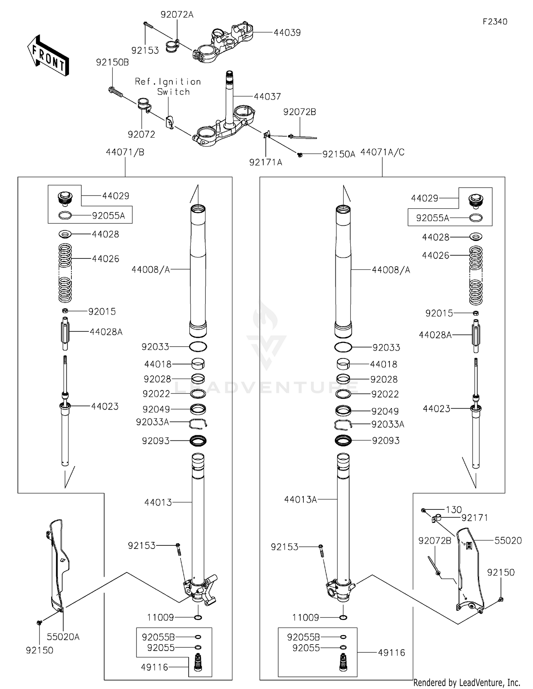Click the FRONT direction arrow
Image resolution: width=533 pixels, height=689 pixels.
point(48,56)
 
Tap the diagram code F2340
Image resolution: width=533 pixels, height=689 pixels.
point(495,22)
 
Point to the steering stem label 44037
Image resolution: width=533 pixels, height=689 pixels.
point(267,97)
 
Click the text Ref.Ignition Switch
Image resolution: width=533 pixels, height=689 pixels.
point(168,87)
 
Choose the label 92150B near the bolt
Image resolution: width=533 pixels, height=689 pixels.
point(112,62)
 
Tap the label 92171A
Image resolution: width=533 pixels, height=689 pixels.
point(265,162)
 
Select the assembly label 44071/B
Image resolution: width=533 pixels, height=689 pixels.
point(125,152)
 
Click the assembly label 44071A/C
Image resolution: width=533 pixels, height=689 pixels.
point(382,152)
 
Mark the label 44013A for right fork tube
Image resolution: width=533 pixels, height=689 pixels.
point(300,500)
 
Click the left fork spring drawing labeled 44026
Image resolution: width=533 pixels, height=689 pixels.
point(65,272)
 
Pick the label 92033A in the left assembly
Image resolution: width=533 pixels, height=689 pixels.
point(152,422)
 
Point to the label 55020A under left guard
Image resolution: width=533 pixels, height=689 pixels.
point(63,637)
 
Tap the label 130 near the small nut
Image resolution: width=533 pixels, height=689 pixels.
point(453,509)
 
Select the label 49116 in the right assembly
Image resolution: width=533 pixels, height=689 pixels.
point(392,652)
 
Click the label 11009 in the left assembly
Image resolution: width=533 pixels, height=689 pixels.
point(160,617)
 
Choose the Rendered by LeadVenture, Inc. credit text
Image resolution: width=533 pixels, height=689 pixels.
point(467,682)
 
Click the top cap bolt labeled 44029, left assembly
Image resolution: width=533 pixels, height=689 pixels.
point(65,198)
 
